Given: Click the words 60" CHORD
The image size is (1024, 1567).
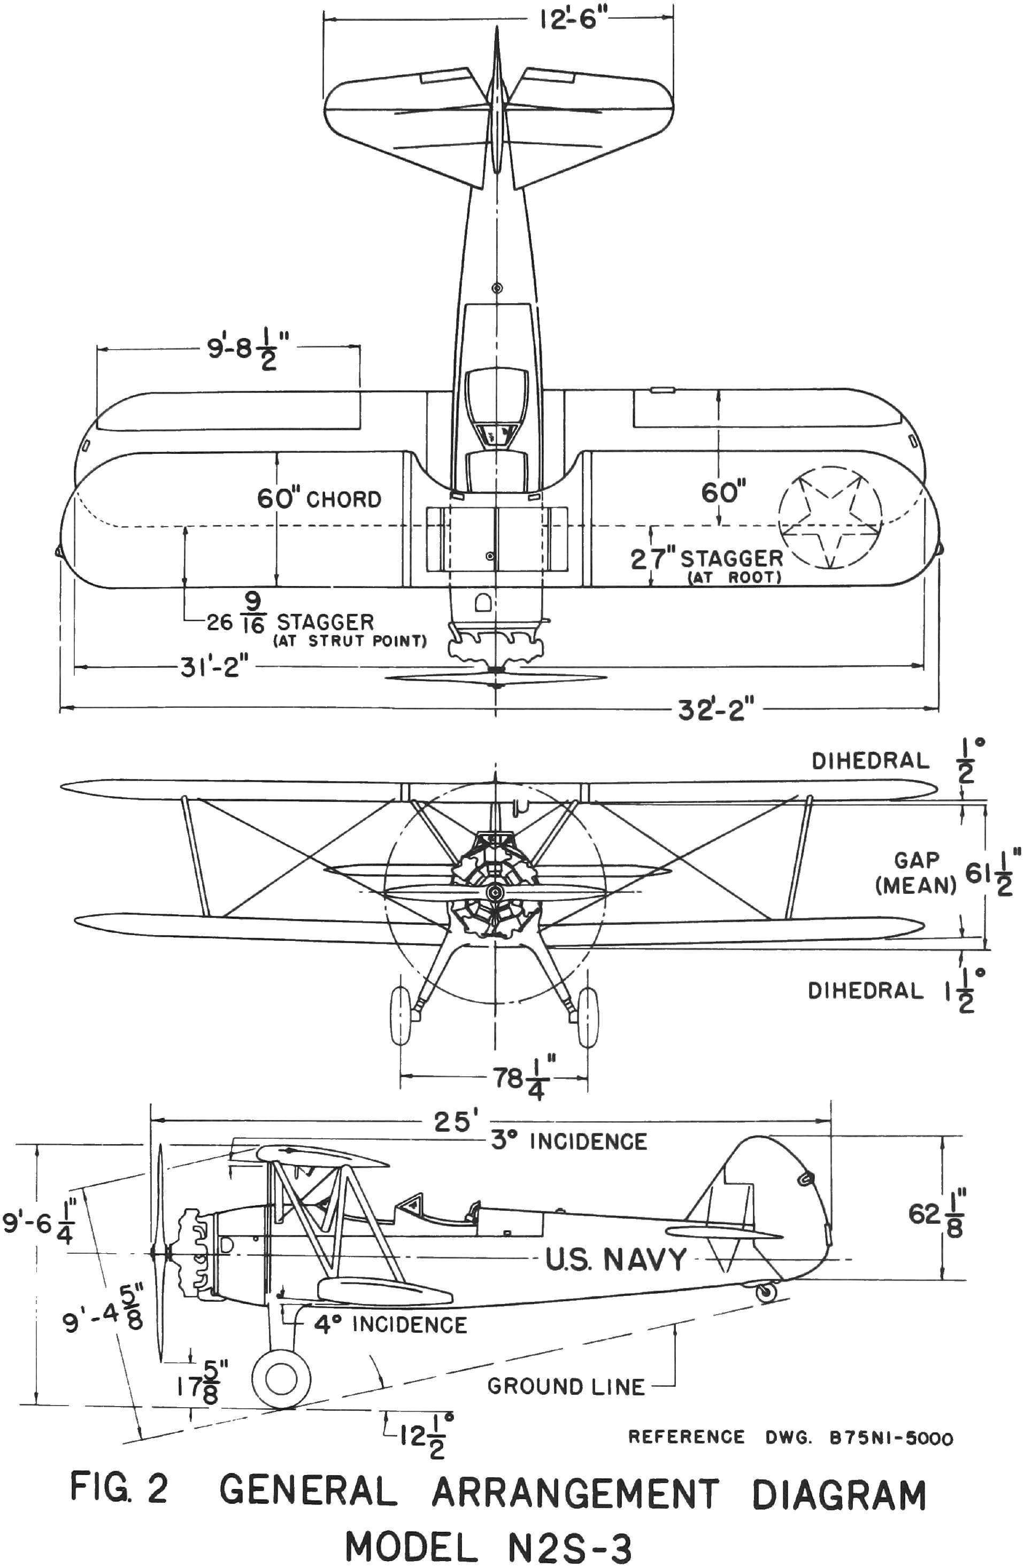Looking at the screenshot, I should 319,499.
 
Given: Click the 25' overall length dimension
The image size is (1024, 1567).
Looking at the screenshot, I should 451,1120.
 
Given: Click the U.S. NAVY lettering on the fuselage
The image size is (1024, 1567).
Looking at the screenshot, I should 615,1260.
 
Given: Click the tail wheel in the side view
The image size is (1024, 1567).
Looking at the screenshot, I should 766,1292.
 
